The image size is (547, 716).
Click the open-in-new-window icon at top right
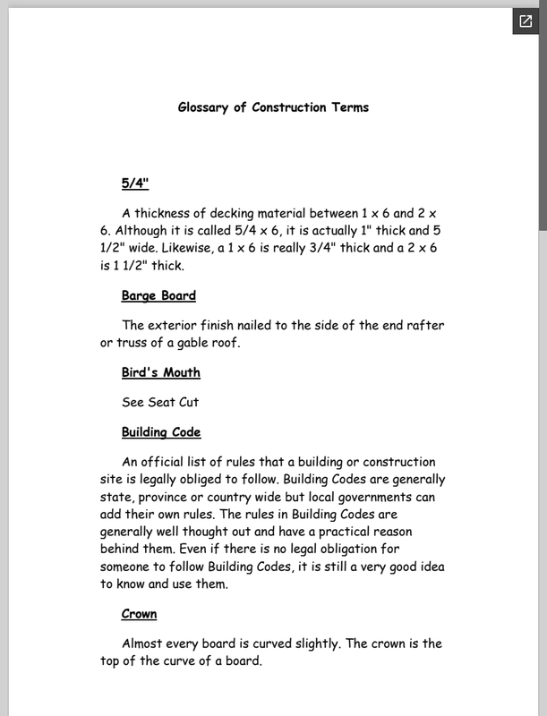click(x=525, y=21)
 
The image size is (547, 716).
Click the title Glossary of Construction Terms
click(x=273, y=107)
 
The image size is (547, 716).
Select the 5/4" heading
click(x=134, y=183)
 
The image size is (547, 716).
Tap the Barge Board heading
click(x=158, y=295)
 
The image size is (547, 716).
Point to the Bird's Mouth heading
click(x=160, y=372)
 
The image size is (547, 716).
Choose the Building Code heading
click(x=161, y=432)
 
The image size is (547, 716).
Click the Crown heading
click(x=139, y=614)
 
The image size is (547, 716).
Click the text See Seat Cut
click(x=160, y=402)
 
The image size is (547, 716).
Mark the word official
click(x=167, y=462)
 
